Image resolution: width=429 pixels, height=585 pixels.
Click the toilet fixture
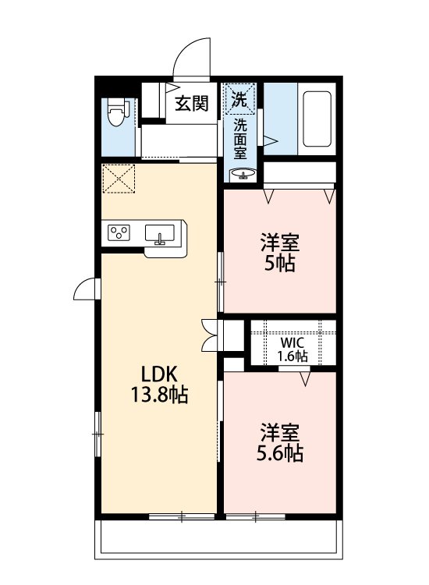(118, 113)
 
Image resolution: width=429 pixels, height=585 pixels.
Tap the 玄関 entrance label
(192, 103)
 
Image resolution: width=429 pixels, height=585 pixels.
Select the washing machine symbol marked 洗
(239, 98)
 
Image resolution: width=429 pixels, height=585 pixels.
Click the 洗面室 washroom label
(240, 139)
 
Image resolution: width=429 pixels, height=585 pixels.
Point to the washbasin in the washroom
(243, 175)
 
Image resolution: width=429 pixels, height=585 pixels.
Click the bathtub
(317, 119)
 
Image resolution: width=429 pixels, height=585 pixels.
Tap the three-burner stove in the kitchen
(119, 232)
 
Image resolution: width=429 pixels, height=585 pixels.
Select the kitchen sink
(160, 234)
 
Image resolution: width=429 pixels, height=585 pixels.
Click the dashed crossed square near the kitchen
(119, 179)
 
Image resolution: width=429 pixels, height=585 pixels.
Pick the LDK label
(159, 374)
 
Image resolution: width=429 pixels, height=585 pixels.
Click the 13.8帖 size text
(159, 395)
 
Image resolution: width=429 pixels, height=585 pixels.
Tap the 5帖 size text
(280, 264)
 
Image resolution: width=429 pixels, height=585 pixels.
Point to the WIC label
(292, 342)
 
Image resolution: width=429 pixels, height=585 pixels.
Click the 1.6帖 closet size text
(292, 356)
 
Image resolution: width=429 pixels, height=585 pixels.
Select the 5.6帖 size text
(280, 453)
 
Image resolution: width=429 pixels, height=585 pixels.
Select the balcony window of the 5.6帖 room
(256, 516)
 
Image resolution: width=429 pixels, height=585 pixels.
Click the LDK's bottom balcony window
(182, 516)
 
